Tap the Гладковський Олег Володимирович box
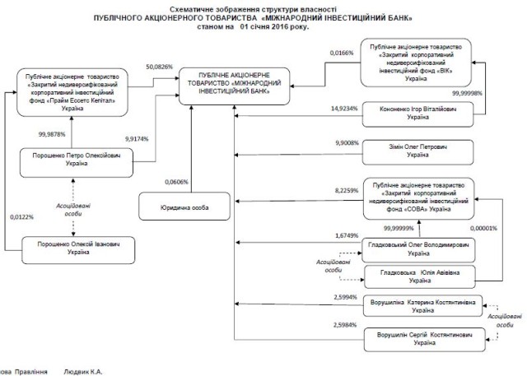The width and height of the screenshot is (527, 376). click(x=420, y=248)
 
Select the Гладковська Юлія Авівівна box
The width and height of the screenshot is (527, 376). click(x=420, y=275)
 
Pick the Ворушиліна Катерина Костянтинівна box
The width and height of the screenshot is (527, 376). click(x=420, y=307)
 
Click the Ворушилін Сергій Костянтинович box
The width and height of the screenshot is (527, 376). click(x=420, y=338)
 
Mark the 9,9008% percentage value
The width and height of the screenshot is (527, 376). click(x=347, y=142)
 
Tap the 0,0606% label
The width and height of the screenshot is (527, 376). click(x=176, y=181)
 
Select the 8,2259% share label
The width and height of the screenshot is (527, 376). click(x=347, y=191)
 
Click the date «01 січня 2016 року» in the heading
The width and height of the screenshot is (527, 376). click(x=278, y=26)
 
